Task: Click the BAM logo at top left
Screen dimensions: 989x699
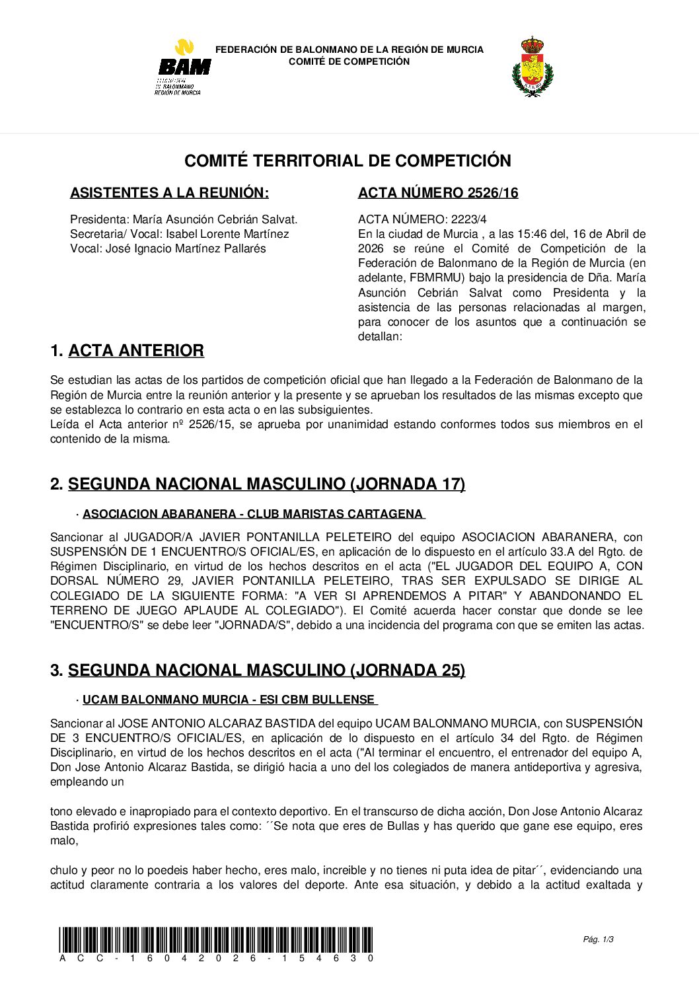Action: [184, 67]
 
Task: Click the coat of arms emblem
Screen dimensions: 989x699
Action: [532, 67]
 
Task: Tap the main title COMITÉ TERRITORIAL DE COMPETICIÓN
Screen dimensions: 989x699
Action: [348, 161]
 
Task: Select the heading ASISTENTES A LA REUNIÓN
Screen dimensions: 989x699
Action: [169, 193]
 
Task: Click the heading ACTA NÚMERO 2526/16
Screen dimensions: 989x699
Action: [438, 193]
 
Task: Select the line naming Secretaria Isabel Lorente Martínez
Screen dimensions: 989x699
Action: [179, 234]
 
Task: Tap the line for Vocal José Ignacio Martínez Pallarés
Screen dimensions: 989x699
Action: [168, 248]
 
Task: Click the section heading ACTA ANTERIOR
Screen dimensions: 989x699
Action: [135, 351]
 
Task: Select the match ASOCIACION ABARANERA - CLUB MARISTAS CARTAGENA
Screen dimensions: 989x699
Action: [253, 514]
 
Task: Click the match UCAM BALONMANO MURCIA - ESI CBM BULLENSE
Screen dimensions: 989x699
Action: [229, 700]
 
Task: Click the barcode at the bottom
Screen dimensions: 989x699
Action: [215, 939]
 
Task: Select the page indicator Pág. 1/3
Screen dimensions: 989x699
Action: [599, 939]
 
